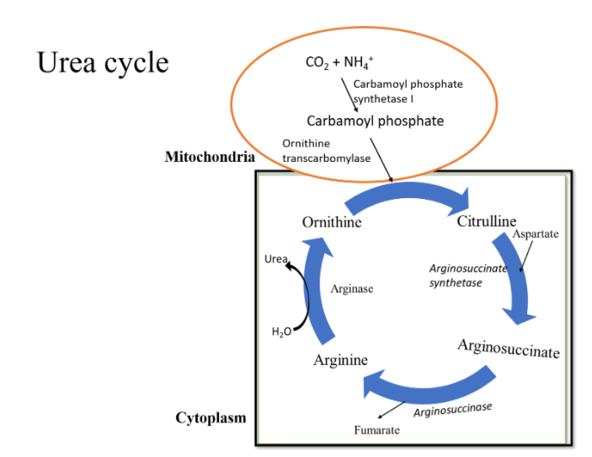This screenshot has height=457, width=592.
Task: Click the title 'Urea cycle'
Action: coord(103,62)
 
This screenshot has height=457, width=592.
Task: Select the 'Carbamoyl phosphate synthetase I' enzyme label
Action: coord(408,91)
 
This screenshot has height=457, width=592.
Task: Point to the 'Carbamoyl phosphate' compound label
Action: coord(375,121)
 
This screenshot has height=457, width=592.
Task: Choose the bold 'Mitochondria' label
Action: coord(210,157)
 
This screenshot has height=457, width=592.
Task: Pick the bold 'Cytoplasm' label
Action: coord(211,418)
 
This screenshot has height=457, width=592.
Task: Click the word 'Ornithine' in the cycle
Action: coord(332,223)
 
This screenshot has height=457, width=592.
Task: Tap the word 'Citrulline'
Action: coord(487,222)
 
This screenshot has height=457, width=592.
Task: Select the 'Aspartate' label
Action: coord(536,234)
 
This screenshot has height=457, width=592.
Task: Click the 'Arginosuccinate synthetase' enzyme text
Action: coord(468,276)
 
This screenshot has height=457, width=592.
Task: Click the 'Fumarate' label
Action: coord(376,431)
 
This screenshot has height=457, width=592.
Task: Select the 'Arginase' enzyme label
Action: coord(352,288)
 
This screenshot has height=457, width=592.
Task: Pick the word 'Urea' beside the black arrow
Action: coord(275,260)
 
